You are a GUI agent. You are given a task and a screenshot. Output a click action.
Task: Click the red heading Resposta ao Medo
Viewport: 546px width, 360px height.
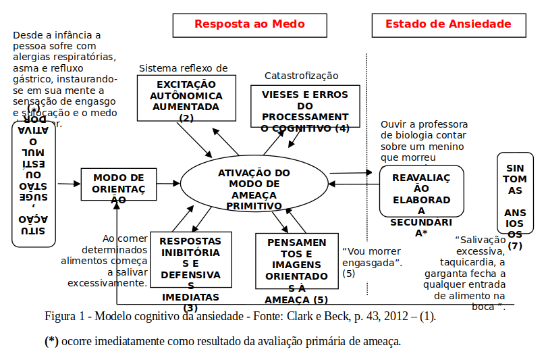pyautogui.click(x=249, y=24)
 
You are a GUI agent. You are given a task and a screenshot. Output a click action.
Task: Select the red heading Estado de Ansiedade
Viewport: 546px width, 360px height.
pyautogui.click(x=448, y=24)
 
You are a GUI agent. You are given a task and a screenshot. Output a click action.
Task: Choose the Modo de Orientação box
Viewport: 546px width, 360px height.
pyautogui.click(x=118, y=184)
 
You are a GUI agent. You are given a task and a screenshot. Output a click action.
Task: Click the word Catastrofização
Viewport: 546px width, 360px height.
pyautogui.click(x=301, y=76)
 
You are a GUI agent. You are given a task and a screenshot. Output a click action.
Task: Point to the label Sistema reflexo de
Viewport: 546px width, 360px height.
pyautogui.click(x=183, y=68)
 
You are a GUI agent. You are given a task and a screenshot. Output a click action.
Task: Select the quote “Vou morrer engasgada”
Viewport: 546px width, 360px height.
pyautogui.click(x=372, y=256)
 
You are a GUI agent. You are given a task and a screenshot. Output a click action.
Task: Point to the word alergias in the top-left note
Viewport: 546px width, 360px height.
pyautogui.click(x=31, y=57)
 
